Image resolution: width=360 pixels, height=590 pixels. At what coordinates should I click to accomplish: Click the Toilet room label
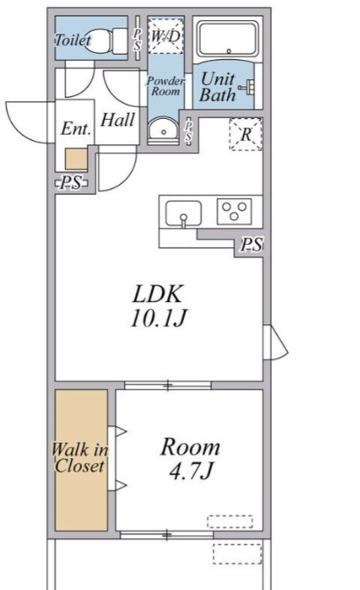[73, 40]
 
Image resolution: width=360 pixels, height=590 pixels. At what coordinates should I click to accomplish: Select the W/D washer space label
[165, 37]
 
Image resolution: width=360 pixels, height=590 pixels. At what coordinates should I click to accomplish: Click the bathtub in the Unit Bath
[228, 39]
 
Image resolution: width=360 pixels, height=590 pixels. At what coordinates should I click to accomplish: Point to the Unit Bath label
[218, 87]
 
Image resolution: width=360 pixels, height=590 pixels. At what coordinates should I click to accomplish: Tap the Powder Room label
[165, 85]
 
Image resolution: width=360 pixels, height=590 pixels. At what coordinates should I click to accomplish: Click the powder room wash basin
[163, 129]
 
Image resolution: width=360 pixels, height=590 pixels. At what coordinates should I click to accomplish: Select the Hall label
[117, 120]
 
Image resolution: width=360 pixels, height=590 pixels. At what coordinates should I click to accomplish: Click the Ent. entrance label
[76, 129]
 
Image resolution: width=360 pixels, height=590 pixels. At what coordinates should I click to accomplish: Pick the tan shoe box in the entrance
[77, 159]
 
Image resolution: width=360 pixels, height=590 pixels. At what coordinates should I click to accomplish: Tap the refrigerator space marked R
[246, 135]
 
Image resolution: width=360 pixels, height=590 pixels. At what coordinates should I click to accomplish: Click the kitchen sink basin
[184, 213]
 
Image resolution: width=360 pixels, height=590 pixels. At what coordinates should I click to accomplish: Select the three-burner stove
[234, 211]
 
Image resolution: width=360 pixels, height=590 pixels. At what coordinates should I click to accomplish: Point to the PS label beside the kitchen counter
[252, 245]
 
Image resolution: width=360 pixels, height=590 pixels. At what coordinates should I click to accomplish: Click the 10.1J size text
[158, 318]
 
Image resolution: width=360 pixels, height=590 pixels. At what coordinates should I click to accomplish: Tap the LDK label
[158, 294]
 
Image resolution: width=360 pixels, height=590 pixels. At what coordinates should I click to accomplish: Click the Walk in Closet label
[80, 458]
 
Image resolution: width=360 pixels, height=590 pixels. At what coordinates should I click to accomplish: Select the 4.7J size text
[192, 471]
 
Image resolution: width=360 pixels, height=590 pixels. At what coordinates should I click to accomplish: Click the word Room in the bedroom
[190, 447]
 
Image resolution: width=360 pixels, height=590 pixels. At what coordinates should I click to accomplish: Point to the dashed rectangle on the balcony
[237, 554]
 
